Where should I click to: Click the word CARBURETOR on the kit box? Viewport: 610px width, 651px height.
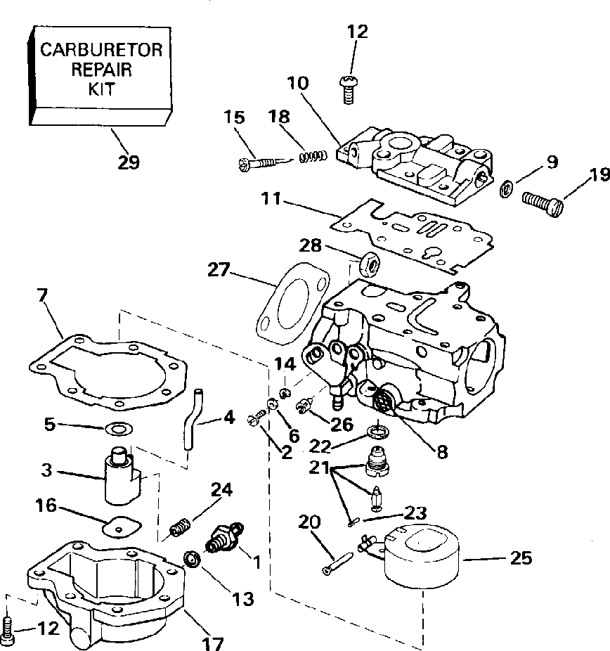pos(101,51)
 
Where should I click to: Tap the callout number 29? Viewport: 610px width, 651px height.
pos(128,162)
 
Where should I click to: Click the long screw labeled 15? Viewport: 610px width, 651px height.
pos(259,163)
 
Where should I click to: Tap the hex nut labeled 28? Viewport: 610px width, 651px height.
pos(369,264)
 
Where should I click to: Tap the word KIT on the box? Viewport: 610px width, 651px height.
pos(101,91)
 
